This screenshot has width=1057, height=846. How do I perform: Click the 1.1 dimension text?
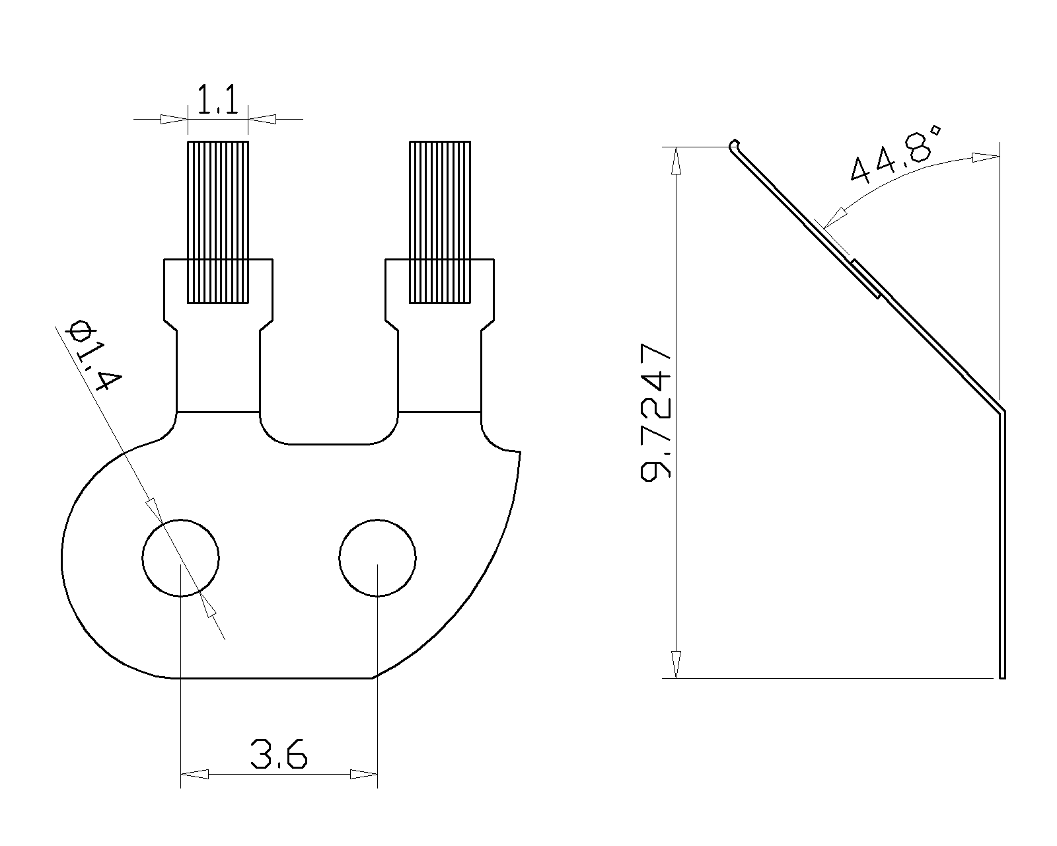tap(217, 99)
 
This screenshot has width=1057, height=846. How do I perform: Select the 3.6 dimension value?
tap(279, 753)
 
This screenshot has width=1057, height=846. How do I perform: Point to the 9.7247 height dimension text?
tap(656, 413)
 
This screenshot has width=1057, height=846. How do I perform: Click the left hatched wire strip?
tap(218, 222)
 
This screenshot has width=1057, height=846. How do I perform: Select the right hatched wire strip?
tap(440, 222)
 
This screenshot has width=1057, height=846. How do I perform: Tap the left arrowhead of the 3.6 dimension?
tap(194, 774)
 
